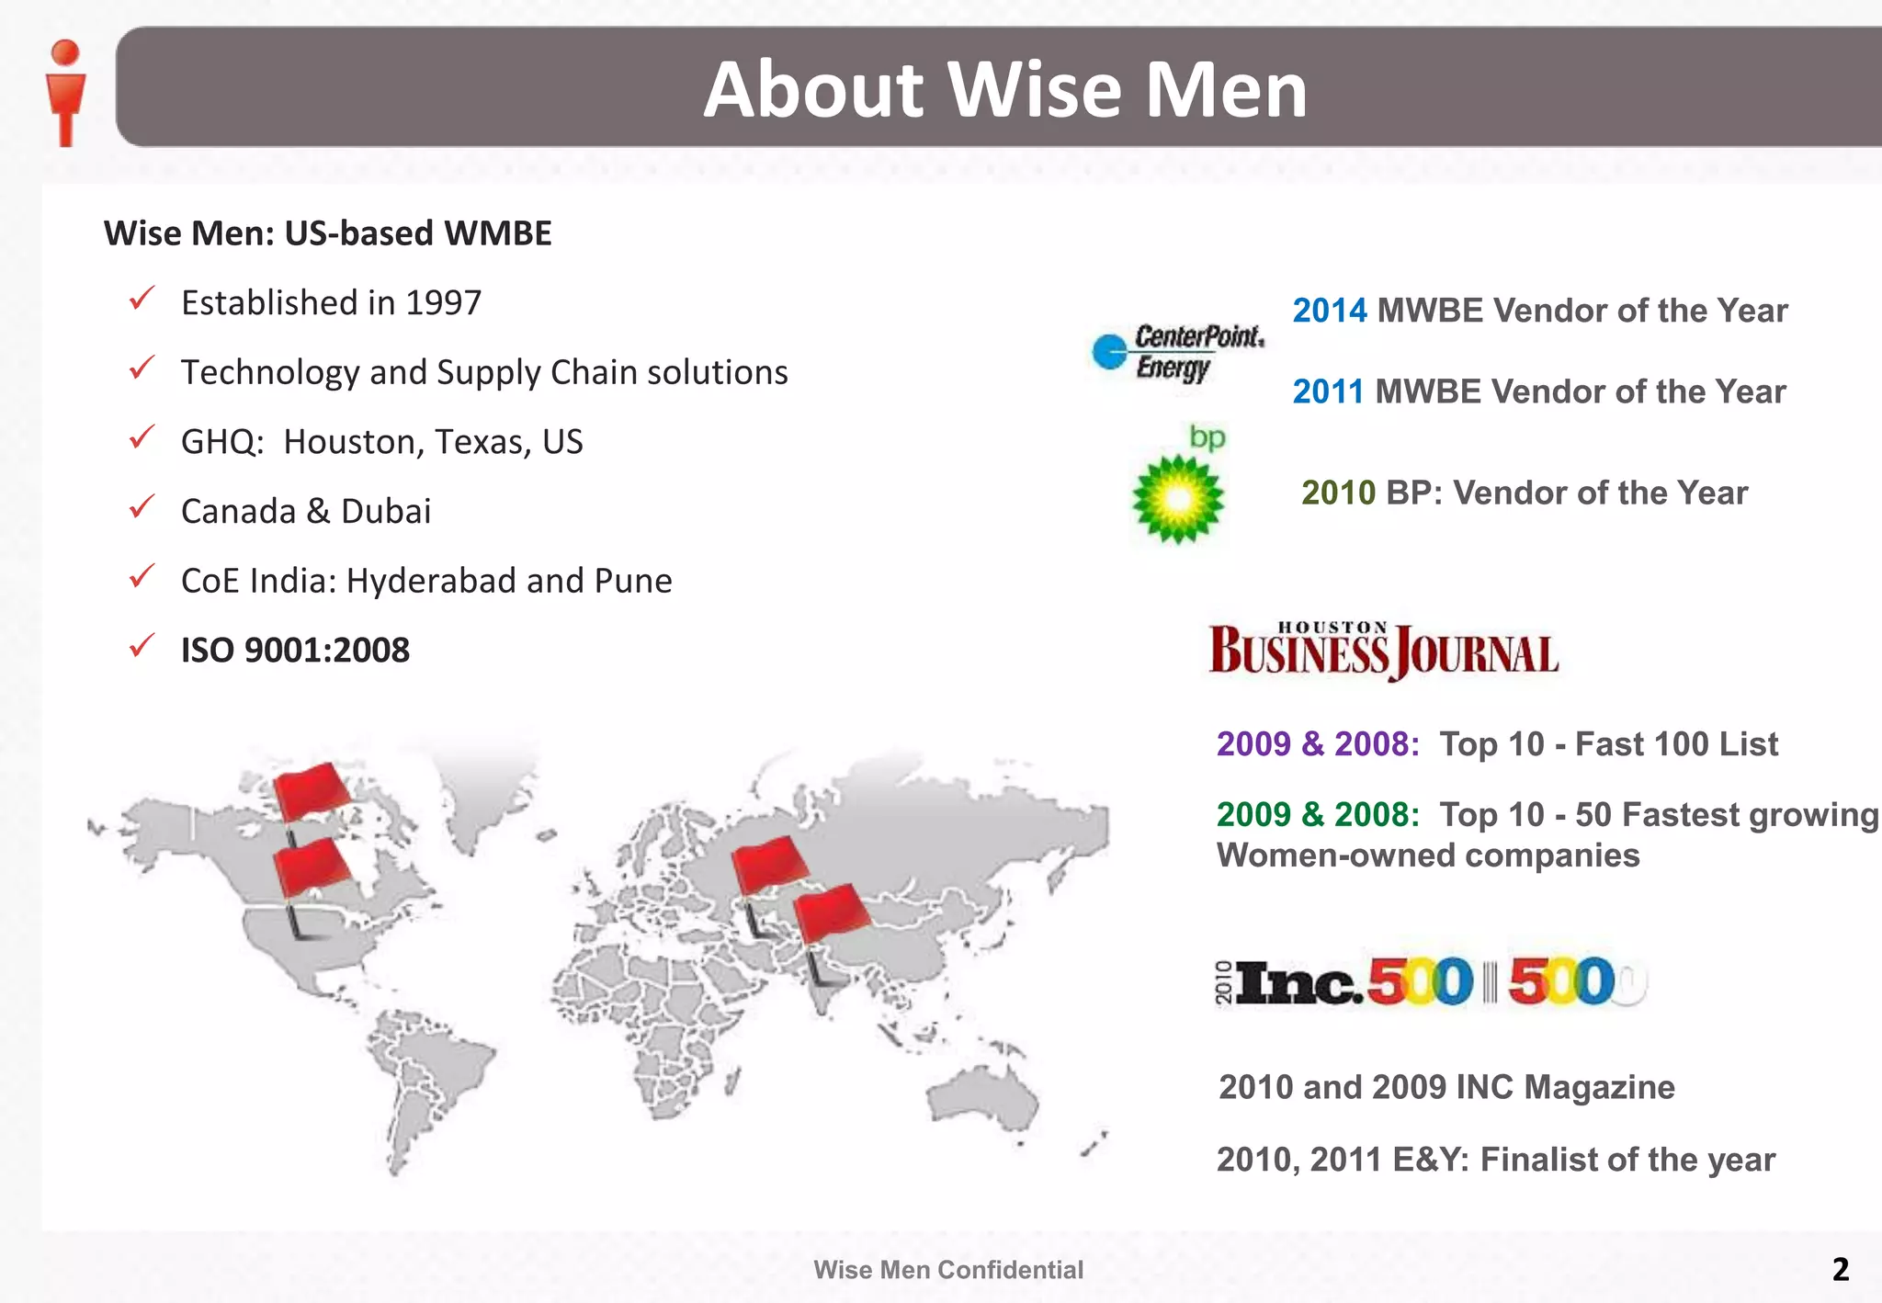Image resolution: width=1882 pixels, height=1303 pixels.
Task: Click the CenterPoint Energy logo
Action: click(x=1178, y=353)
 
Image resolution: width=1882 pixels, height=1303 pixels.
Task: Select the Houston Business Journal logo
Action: click(x=1383, y=651)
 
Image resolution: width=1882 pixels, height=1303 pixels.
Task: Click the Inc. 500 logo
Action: click(x=1430, y=981)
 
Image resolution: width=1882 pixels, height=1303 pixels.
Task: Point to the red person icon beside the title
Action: click(x=65, y=92)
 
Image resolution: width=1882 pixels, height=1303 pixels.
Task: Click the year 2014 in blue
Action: click(x=1329, y=311)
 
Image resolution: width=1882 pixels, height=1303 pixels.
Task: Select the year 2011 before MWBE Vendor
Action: click(x=1328, y=391)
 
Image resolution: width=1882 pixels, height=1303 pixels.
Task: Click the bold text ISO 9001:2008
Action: click(x=295, y=650)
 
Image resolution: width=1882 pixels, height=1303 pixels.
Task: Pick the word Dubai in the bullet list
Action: click(x=386, y=511)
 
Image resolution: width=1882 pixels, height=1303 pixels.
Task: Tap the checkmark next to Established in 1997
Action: click(x=142, y=299)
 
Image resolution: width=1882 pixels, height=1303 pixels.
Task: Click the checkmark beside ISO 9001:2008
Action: click(x=142, y=646)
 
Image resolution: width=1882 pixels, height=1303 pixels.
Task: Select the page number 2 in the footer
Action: click(x=1840, y=1269)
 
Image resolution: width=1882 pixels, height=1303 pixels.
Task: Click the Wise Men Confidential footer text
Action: click(x=948, y=1270)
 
